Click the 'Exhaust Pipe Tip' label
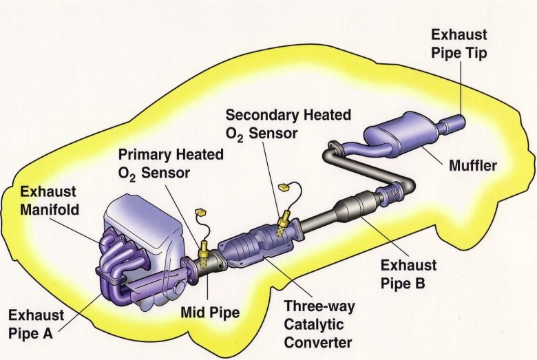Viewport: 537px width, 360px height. tap(459, 43)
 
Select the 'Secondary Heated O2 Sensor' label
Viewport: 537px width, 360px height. tap(288, 123)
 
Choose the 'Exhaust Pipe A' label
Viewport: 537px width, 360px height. tap(36, 324)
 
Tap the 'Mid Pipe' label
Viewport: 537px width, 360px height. tap(209, 314)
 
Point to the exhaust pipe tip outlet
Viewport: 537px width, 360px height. tap(455, 124)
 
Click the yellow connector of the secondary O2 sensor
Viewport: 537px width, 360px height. tap(282, 186)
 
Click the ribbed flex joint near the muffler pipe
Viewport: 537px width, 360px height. tap(391, 195)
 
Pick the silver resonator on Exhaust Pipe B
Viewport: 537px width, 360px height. tap(354, 207)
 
